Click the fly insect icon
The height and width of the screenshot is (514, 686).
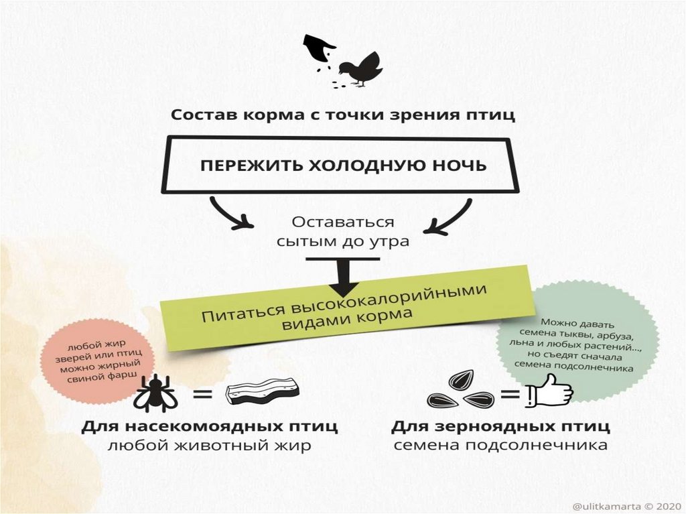154,391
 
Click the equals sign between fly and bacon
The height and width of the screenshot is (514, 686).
202,393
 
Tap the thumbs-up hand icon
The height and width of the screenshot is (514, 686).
549,394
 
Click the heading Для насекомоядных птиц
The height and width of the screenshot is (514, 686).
210,426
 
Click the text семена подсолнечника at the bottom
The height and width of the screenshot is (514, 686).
500,446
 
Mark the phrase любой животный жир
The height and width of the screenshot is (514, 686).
210,446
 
